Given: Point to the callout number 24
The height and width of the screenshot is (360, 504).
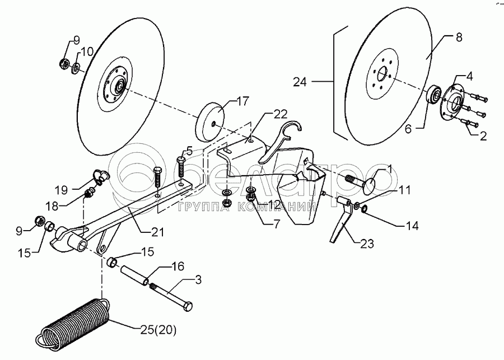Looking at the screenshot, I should tap(300, 82).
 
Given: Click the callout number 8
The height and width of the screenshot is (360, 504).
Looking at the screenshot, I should tap(459, 38).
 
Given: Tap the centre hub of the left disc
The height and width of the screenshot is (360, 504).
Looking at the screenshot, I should tap(119, 87).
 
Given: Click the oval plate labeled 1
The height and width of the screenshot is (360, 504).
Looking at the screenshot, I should tap(372, 183).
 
